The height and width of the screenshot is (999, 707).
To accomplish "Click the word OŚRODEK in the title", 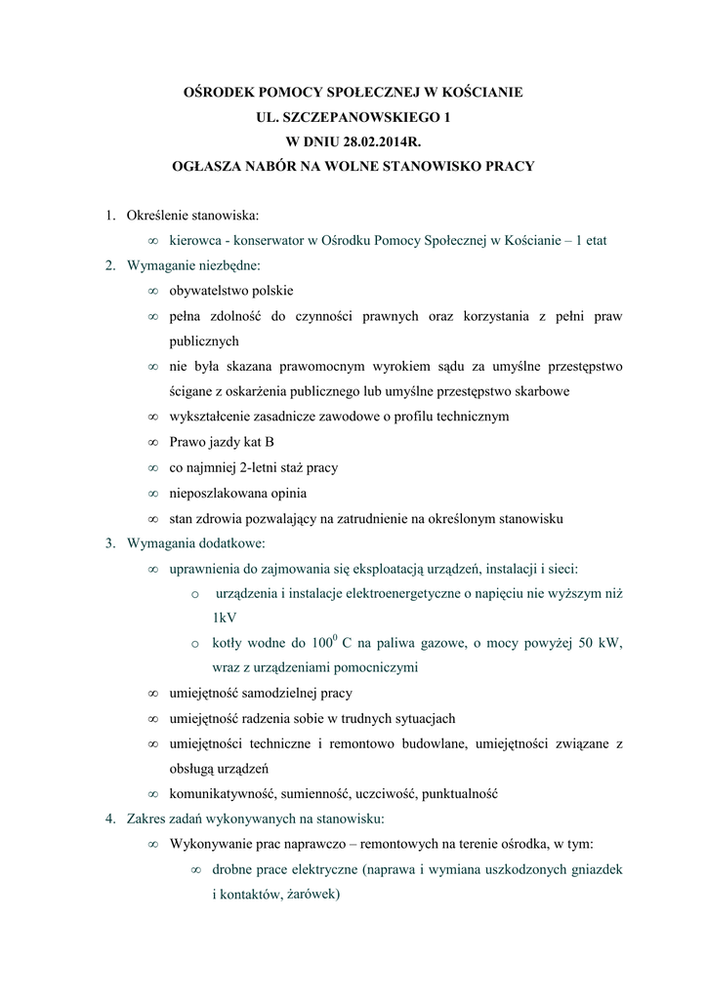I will click(223, 93).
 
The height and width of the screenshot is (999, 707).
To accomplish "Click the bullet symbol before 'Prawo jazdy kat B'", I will click(152, 442).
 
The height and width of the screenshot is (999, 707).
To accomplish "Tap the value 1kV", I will click(224, 618).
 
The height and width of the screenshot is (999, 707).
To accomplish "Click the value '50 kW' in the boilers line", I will click(597, 643).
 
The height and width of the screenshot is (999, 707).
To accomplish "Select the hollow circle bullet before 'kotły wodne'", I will click(195, 644).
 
